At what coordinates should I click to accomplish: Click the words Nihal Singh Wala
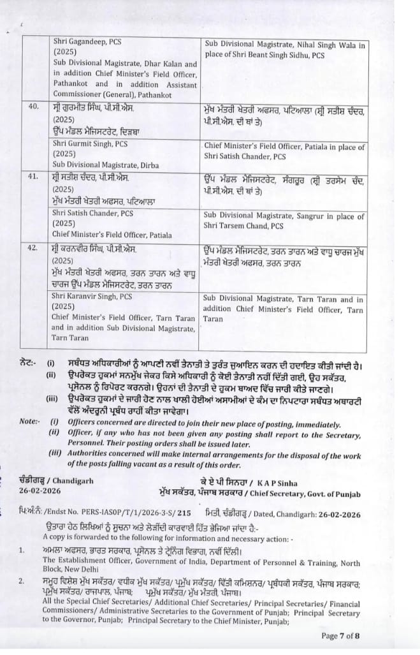click(321, 45)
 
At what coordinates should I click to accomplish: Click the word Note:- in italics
click(29, 422)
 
